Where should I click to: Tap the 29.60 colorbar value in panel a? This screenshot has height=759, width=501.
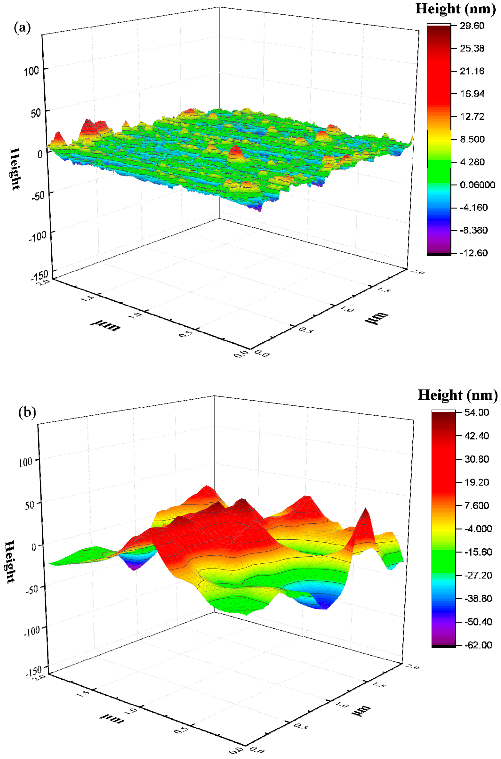coord(472,26)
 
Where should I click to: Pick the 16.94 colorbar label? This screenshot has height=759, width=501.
coord(472,94)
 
